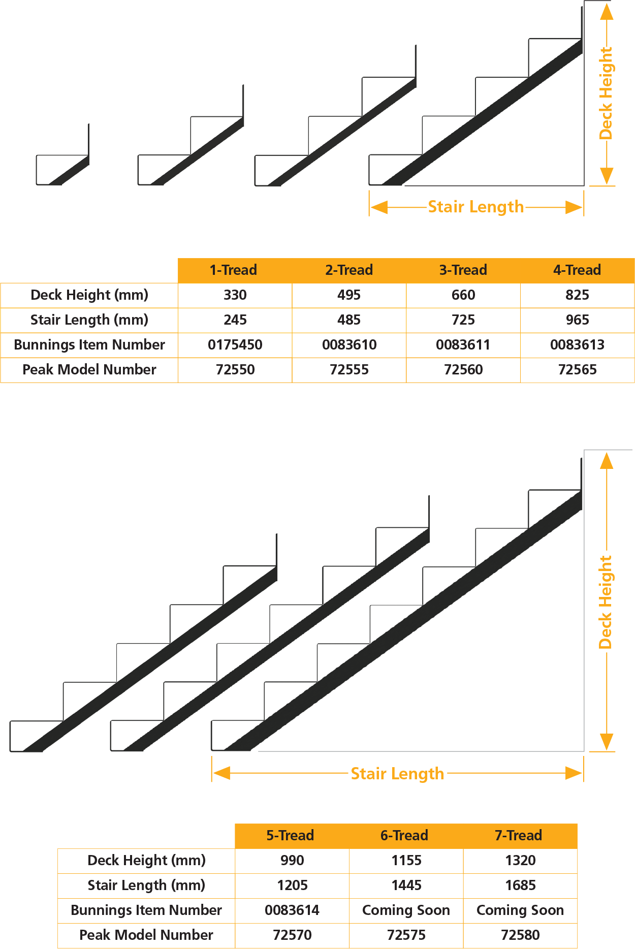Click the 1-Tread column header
234,270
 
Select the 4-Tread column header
577,270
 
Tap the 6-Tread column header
404,835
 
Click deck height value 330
235,295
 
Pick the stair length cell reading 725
463,320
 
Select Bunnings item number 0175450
235,344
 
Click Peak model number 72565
577,369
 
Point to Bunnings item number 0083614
292,910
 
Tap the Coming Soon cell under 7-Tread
520,910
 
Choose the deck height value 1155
406,860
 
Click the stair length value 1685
520,885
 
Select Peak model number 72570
292,935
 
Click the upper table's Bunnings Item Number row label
89,344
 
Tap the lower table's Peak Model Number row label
146,935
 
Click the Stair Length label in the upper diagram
475,207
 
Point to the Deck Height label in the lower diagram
606,602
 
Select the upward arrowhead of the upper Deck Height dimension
607,12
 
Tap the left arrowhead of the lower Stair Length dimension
221,773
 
